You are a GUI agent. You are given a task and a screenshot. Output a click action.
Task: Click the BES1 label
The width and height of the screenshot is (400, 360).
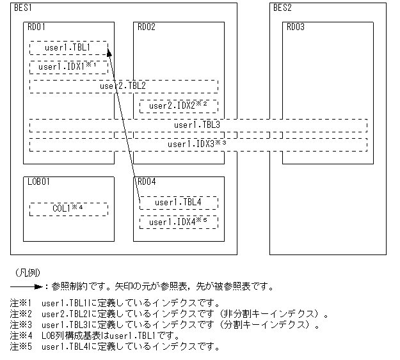23,8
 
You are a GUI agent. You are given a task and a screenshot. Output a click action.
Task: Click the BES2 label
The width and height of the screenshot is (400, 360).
282,8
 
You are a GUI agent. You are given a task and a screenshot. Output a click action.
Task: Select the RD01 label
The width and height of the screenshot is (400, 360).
36,27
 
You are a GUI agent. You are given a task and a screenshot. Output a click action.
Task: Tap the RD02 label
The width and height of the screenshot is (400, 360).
147,27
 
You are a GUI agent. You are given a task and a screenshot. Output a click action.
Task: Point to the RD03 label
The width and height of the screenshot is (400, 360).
296,27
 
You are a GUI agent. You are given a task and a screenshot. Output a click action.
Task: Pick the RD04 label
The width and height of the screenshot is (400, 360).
147,182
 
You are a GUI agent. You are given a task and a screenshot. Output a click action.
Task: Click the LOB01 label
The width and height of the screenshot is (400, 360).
38,182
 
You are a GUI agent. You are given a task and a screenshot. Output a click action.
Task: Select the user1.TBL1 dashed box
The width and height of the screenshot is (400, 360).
68,48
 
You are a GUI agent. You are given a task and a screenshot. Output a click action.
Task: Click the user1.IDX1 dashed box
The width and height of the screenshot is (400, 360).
68,67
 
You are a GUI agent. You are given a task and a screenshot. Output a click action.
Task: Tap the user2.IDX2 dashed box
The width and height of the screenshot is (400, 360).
179,105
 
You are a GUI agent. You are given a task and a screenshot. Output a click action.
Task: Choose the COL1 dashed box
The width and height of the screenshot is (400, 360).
68,208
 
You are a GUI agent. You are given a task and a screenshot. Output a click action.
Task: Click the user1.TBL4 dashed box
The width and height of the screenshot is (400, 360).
179,203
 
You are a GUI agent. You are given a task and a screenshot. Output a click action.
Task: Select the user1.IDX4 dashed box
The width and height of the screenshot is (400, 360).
179,222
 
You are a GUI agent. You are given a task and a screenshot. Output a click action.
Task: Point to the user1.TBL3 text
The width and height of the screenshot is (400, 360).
197,125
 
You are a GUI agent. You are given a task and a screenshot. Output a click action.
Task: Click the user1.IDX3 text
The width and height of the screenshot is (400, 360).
197,144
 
